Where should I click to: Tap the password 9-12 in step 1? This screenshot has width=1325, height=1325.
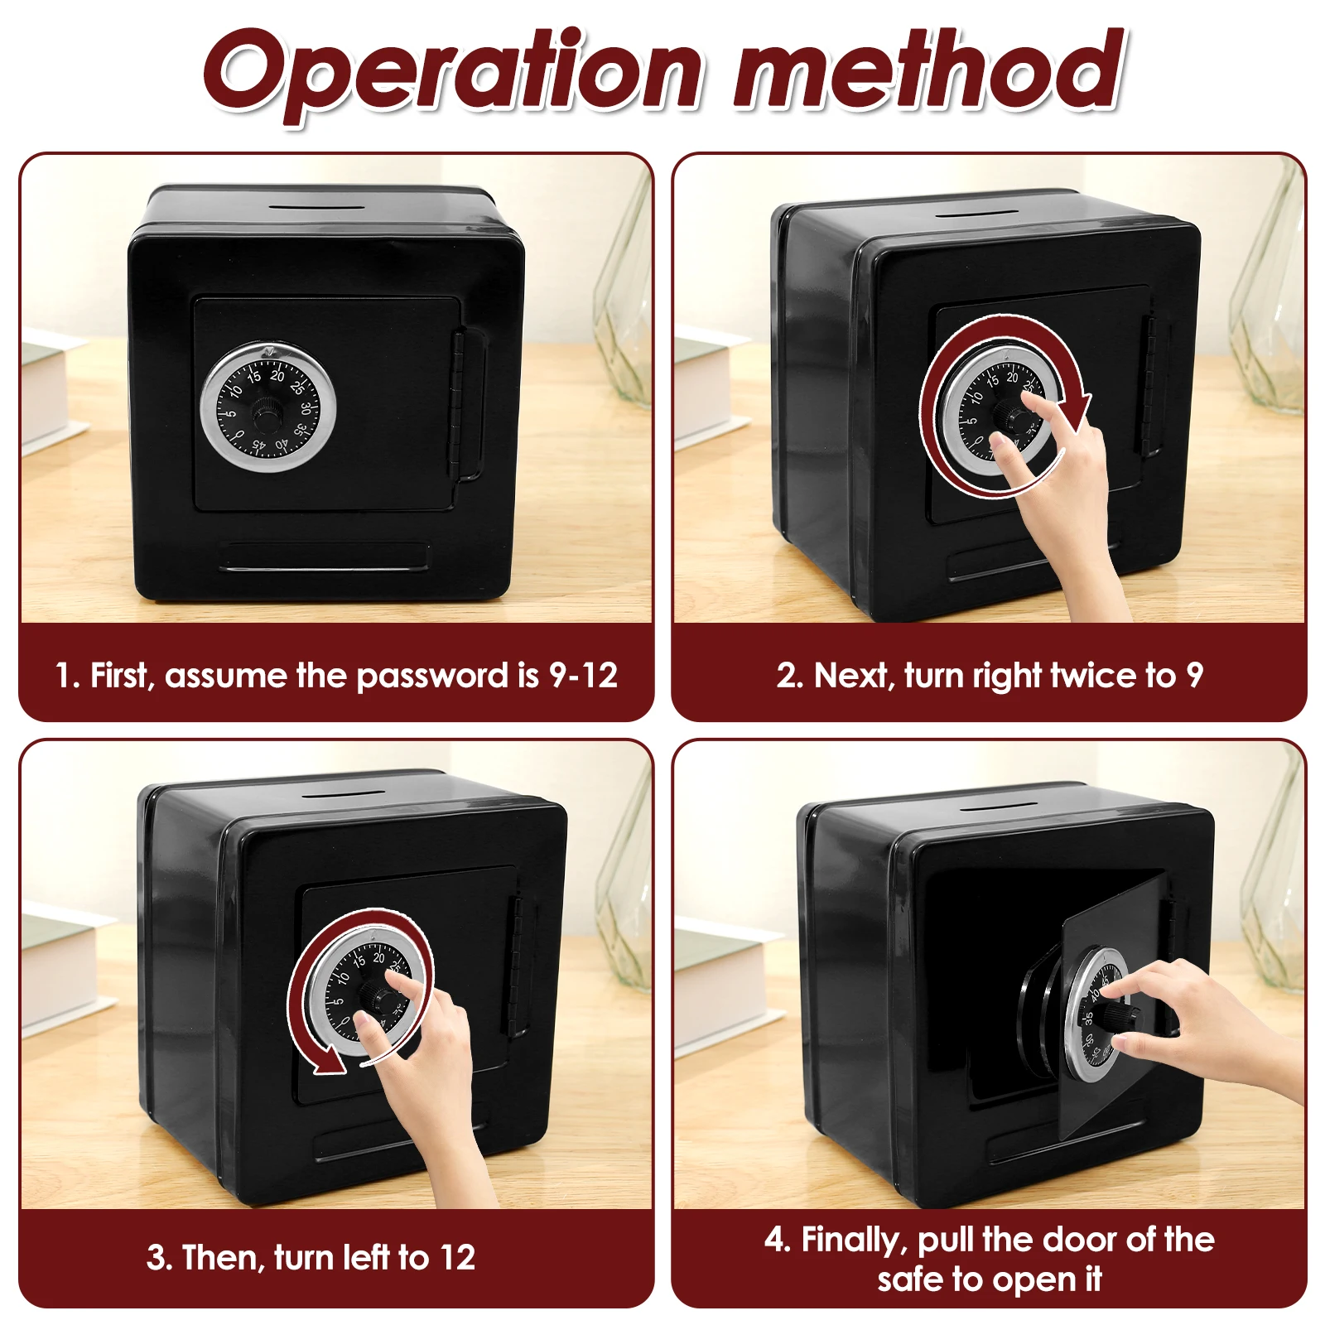pos(584,676)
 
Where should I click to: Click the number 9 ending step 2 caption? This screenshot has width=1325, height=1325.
pos(1193,676)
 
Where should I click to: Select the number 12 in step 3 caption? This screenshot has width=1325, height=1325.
pos(458,1258)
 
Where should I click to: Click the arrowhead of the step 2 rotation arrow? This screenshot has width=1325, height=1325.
pos(1077,412)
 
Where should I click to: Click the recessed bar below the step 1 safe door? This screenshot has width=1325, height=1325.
pos(325,556)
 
